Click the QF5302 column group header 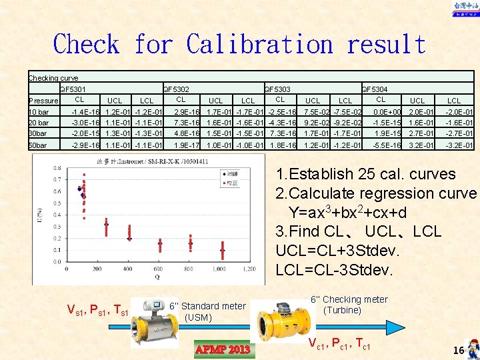coord(176,89)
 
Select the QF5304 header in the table coord(375,89)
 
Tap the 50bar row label coord(38,145)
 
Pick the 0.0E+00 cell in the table coord(387,112)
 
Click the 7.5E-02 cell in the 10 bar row coord(319,112)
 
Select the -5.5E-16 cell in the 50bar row coord(387,145)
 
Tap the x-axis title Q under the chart coord(157,277)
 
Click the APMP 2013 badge coord(222,349)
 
